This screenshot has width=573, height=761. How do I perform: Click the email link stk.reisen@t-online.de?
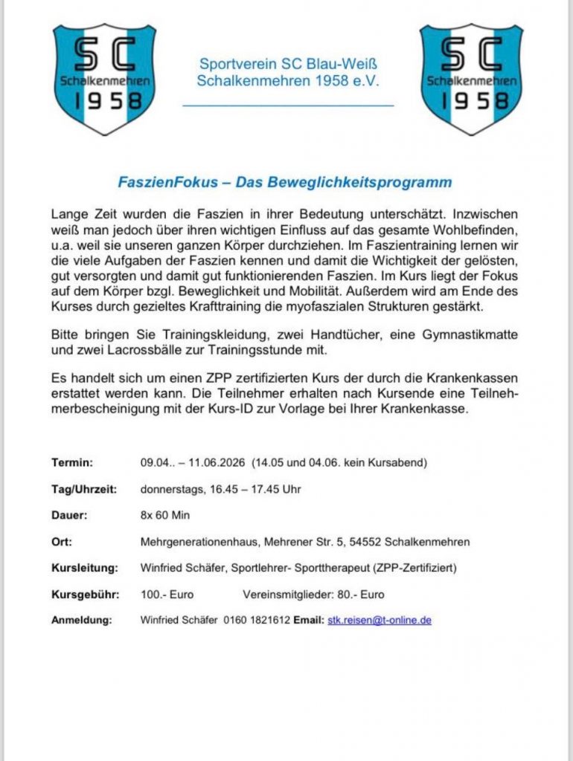click(x=380, y=620)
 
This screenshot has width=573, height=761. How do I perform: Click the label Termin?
click(x=72, y=462)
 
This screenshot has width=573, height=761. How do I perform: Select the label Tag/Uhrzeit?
click(x=84, y=489)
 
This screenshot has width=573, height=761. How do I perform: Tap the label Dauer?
click(x=70, y=515)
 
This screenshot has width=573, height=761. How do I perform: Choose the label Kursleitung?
click(x=85, y=568)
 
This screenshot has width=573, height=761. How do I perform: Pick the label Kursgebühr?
click(x=84, y=594)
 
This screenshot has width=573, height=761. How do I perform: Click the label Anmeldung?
click(x=81, y=620)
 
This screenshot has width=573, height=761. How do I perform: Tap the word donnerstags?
click(x=170, y=489)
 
